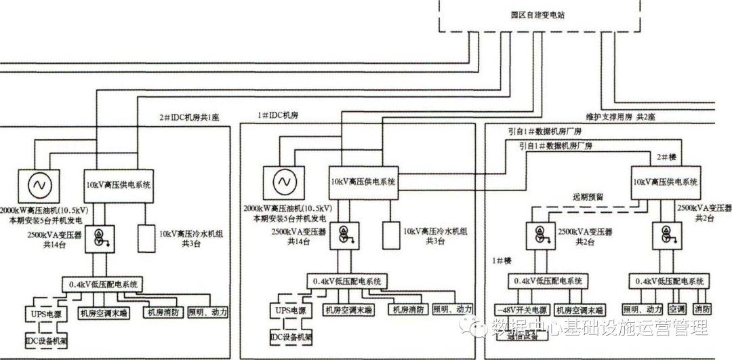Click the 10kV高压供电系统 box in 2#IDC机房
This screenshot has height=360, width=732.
tap(119, 184)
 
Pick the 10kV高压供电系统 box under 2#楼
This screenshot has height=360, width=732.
tap(665, 182)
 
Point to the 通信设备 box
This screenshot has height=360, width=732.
tap(522, 334)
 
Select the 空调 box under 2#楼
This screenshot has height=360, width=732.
tap(677, 308)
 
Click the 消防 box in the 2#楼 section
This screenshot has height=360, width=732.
tap(703, 308)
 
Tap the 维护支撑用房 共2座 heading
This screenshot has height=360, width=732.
tap(621, 117)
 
